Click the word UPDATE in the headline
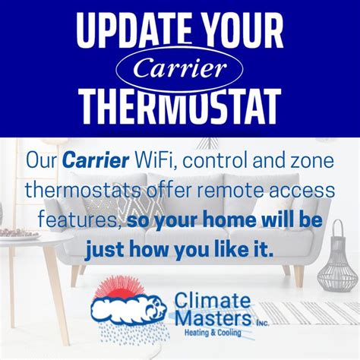[134, 30]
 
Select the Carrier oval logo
[179, 68]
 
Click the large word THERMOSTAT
[180, 106]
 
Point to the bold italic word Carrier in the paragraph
[96, 160]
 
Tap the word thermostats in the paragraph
[83, 191]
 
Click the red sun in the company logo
[119, 288]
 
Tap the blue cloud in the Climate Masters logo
[128, 309]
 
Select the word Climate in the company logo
[213, 300]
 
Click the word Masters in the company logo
[213, 317]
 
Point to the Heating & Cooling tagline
[213, 332]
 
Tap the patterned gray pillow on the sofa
[140, 209]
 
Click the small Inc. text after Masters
[262, 324]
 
